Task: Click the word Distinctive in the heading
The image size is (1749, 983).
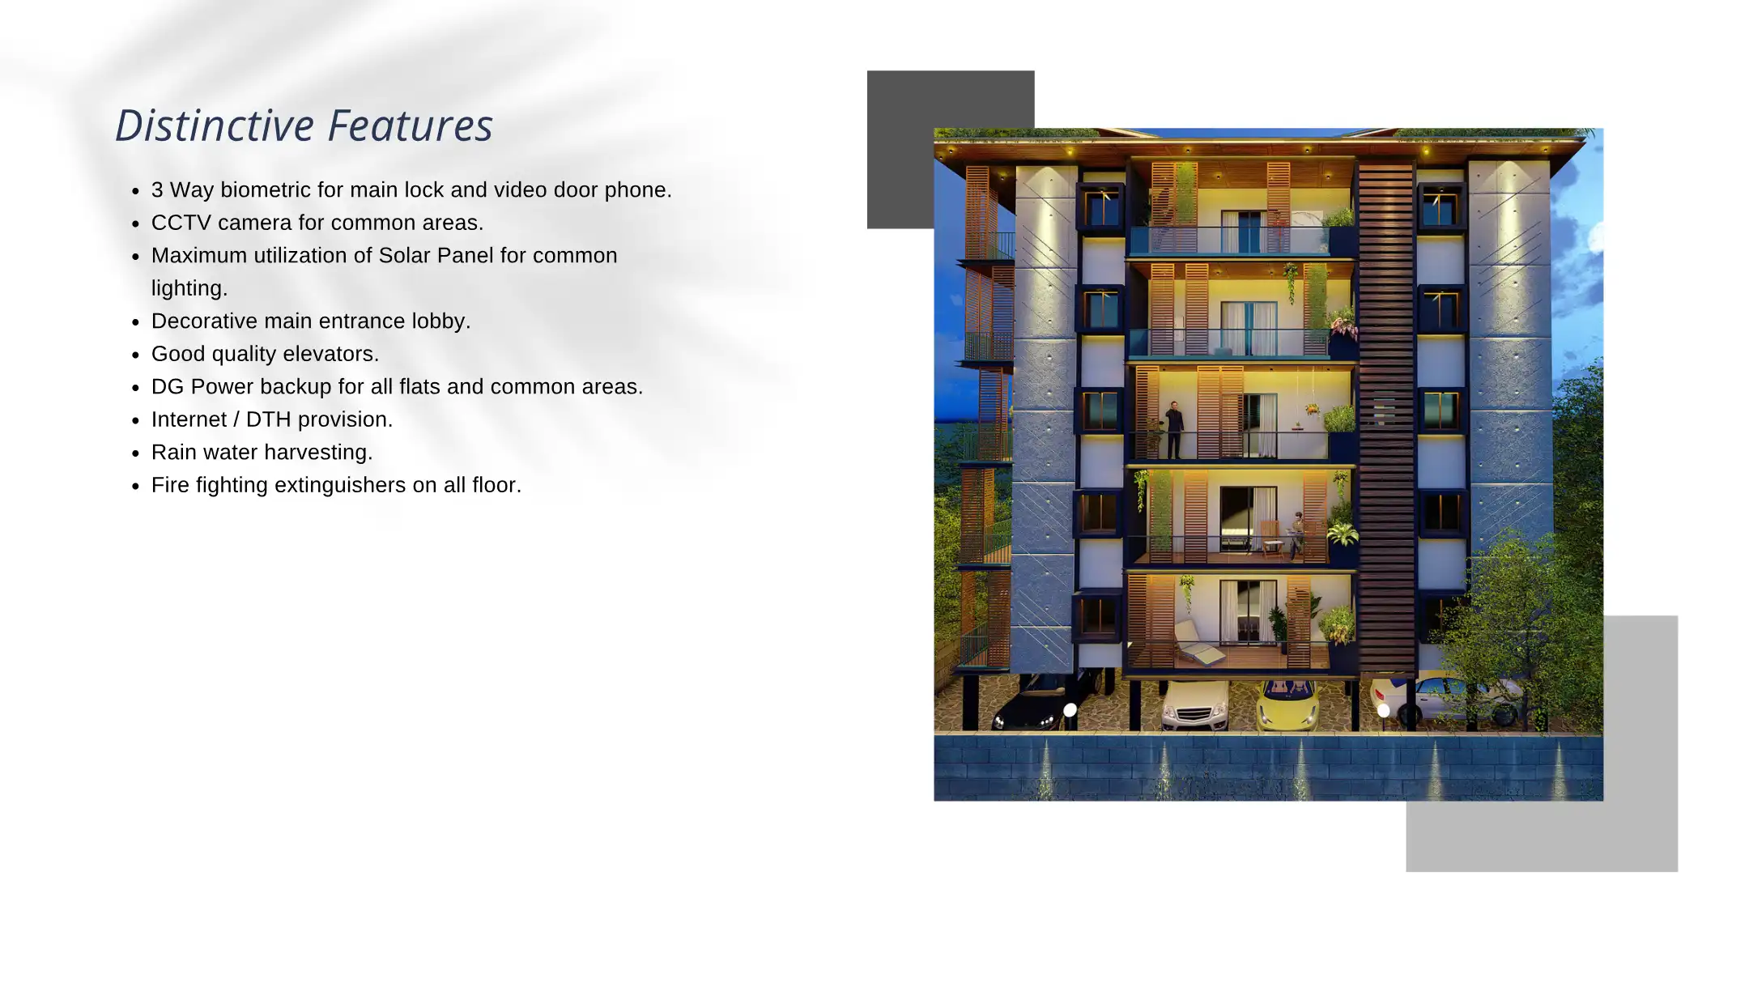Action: (215, 126)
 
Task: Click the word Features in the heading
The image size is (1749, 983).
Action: (411, 126)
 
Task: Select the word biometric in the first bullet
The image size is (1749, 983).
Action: (266, 190)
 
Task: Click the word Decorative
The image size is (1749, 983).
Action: (205, 321)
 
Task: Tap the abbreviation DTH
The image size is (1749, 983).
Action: (269, 419)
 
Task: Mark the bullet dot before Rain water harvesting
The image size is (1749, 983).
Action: (136, 453)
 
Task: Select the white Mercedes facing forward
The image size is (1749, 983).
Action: (1195, 706)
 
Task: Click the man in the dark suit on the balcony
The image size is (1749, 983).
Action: (1173, 428)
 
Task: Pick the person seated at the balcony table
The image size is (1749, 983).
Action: (1297, 534)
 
